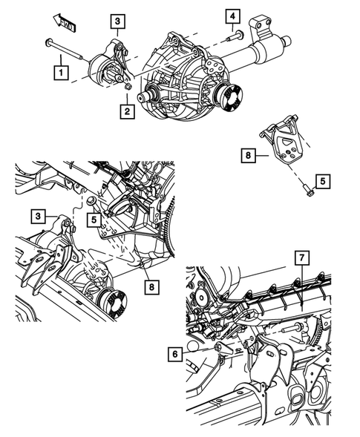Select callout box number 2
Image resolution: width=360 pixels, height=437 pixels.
pyautogui.click(x=128, y=111)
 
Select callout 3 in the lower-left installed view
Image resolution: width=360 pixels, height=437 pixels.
pyautogui.click(x=37, y=216)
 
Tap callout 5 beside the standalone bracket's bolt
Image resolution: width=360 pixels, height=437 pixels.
pyautogui.click(x=322, y=180)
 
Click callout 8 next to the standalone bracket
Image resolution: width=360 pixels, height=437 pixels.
pyautogui.click(x=247, y=156)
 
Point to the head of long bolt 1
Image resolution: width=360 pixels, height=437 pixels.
pyautogui.click(x=48, y=42)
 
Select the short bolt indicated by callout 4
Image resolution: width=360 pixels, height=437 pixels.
pyautogui.click(x=233, y=35)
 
